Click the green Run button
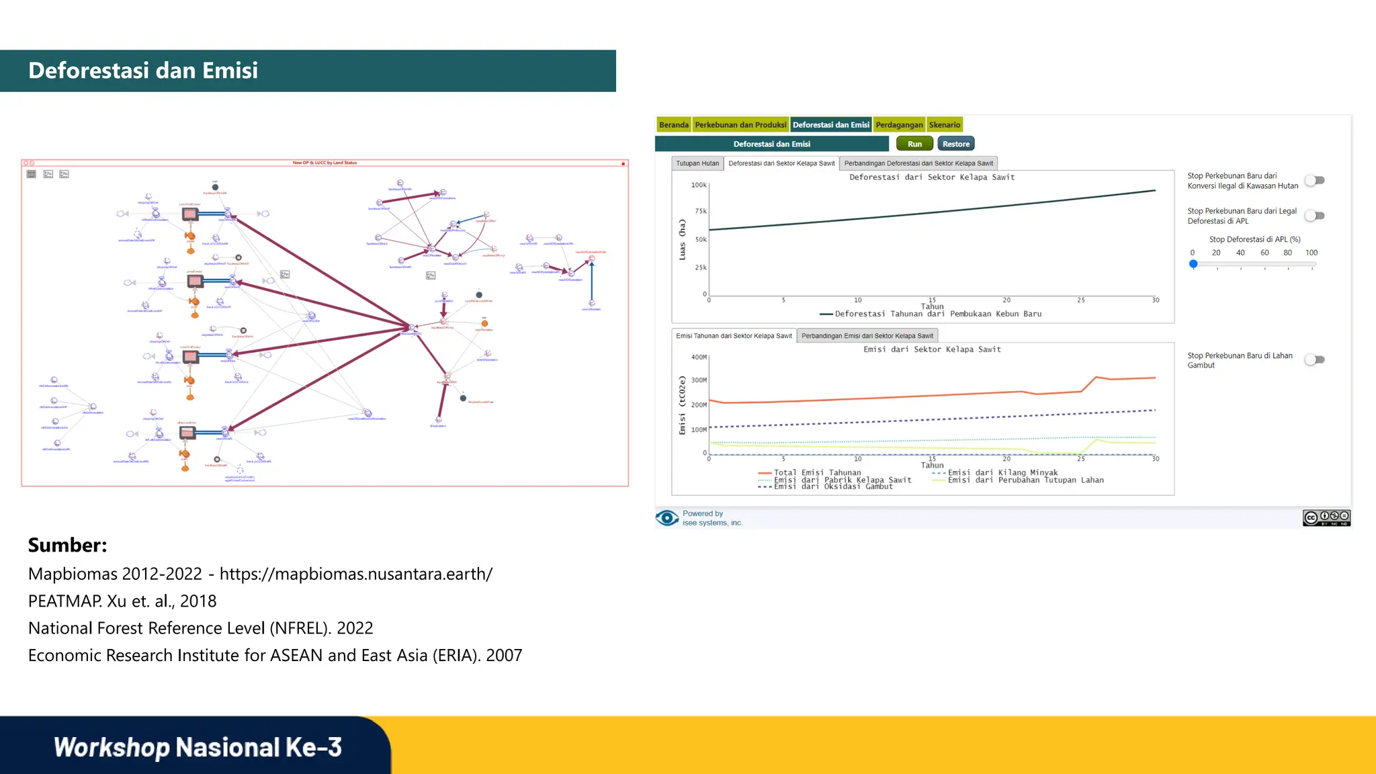[x=914, y=144]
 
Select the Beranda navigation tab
[x=673, y=125]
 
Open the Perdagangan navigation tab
[x=899, y=125]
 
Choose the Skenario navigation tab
[x=945, y=125]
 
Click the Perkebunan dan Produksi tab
[x=740, y=125]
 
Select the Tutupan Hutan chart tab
[x=697, y=163]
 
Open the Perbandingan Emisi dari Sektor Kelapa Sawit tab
[x=867, y=336]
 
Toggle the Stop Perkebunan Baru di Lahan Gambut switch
[x=1315, y=360]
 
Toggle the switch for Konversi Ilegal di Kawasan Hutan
[x=1315, y=181]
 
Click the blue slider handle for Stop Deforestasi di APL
[x=1193, y=264]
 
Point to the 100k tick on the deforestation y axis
[x=699, y=185]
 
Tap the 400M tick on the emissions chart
[x=699, y=357]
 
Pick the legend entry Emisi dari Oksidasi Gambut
[x=833, y=486]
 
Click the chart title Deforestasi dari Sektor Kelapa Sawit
[x=932, y=177]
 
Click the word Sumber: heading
[x=68, y=545]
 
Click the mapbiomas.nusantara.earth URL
[x=356, y=574]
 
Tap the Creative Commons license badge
[x=1326, y=517]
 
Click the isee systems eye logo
[x=667, y=518]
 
